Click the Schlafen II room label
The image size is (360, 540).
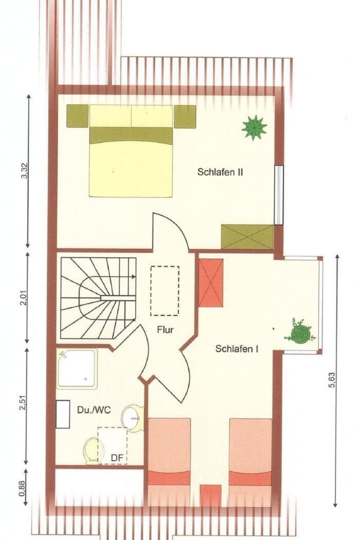point(220,172)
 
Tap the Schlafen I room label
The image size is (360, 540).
point(237,349)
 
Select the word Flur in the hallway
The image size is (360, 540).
point(165,329)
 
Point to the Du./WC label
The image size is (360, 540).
point(94,410)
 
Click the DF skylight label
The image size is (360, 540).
point(117,457)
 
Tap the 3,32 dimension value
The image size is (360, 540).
point(25,171)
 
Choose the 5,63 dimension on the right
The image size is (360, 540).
point(332,380)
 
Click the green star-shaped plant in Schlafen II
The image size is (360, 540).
point(254,127)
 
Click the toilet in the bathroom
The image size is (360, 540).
point(91,451)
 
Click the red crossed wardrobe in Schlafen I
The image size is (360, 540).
point(211,283)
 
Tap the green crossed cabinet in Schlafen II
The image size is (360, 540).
point(247,237)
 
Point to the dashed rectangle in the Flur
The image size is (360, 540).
point(165,291)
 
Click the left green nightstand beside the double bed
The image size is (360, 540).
point(77,116)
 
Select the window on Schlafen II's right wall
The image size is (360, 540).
point(279,195)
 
